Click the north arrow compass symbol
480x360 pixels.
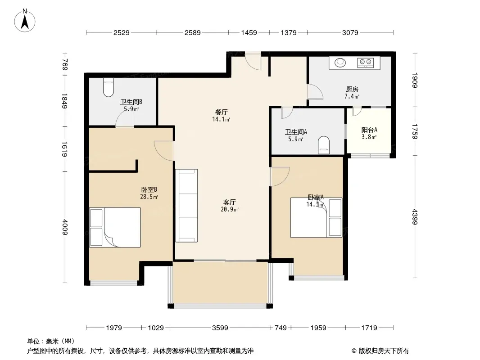25,21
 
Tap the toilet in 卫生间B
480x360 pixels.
109,87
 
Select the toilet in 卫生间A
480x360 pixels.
324,145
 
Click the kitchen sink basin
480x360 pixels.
340,63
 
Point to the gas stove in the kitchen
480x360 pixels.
366,63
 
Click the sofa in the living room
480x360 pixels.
186,206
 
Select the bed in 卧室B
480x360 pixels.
115,227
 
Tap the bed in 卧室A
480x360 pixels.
316,217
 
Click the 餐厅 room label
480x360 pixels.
222,112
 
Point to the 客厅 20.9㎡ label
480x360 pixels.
230,206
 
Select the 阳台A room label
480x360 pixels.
369,130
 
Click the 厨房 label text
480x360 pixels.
352,89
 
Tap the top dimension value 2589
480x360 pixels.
193,32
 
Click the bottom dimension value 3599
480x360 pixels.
220,328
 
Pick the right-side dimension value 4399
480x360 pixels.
415,216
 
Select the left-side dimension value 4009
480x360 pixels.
64,227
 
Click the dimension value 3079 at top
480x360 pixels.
350,32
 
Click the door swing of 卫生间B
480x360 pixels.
125,118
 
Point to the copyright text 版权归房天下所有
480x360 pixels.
383,351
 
